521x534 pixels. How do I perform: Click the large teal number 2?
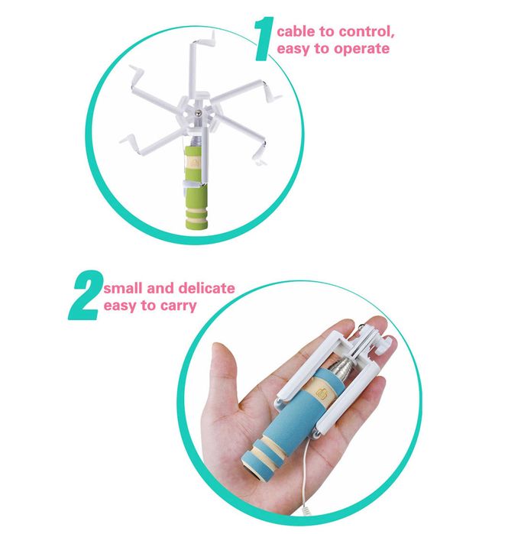click(x=85, y=296)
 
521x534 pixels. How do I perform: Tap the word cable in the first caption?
click(x=296, y=31)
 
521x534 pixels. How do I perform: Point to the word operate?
click(x=361, y=50)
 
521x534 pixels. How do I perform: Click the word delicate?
click(x=206, y=288)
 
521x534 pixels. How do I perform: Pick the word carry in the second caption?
click(x=179, y=306)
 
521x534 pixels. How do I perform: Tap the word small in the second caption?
click(x=123, y=289)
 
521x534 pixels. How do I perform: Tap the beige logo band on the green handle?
click(x=193, y=163)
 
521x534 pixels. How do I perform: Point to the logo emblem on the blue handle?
click(x=322, y=393)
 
